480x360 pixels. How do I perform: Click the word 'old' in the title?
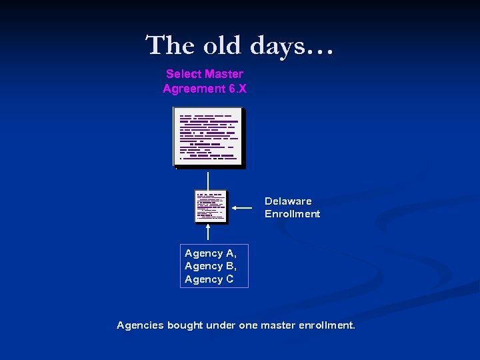pyautogui.click(x=221, y=46)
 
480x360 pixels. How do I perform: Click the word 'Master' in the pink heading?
pyautogui.click(x=223, y=74)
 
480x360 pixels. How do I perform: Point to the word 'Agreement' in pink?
pyautogui.click(x=193, y=89)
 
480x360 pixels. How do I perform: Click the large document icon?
pyautogui.click(x=209, y=137)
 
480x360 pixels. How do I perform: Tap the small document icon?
pyautogui.click(x=211, y=206)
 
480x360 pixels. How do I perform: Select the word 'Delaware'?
pyautogui.click(x=288, y=201)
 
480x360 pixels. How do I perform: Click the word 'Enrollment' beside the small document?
pyautogui.click(x=292, y=214)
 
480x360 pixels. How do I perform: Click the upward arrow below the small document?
pyautogui.click(x=209, y=232)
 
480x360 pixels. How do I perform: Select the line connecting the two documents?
pyautogui.click(x=209, y=180)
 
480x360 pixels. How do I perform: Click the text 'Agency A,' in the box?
pyautogui.click(x=211, y=253)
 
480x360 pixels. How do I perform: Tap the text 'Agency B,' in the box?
pyautogui.click(x=211, y=266)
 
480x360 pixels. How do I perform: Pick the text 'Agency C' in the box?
pyautogui.click(x=209, y=279)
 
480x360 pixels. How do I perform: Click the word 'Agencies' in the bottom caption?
pyautogui.click(x=140, y=325)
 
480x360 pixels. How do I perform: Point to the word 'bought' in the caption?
pyautogui.click(x=185, y=325)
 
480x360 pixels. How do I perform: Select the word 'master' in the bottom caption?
pyautogui.click(x=277, y=325)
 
